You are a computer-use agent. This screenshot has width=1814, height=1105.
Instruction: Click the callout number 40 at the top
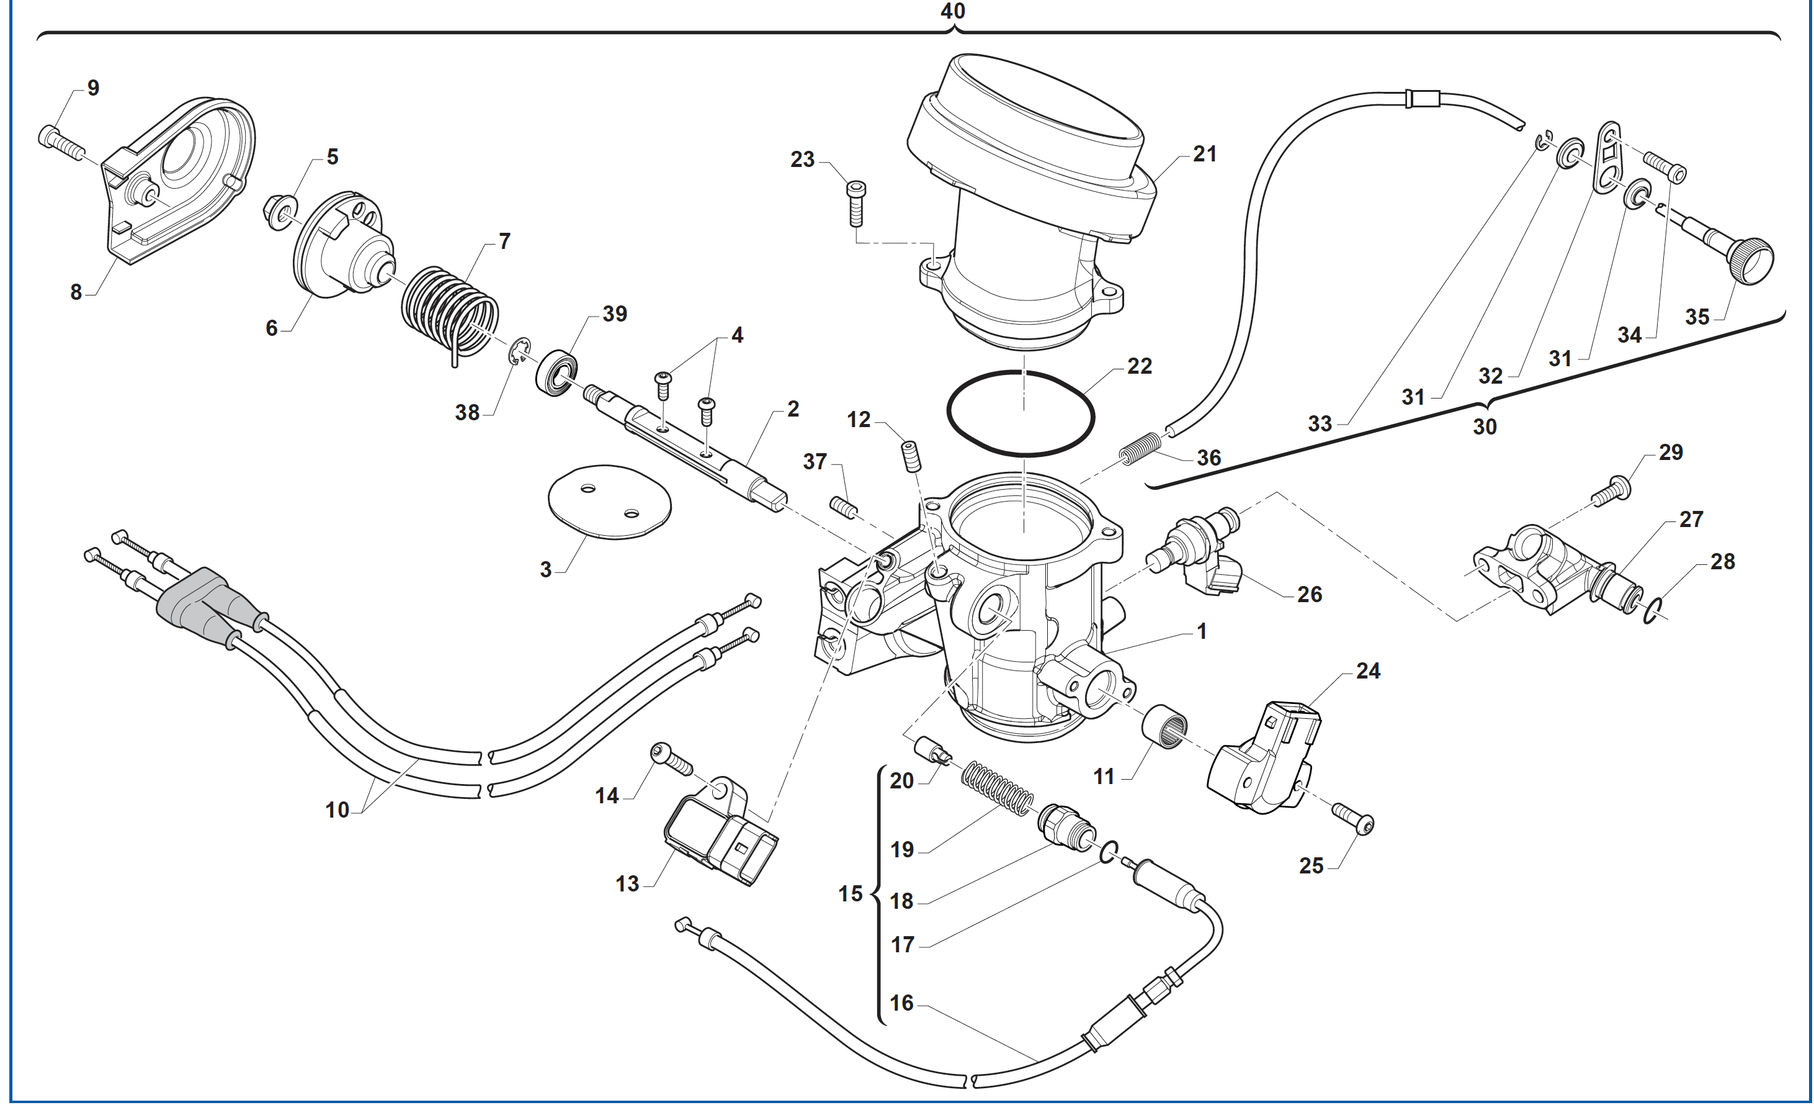click(953, 11)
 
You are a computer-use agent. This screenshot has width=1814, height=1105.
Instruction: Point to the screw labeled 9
click(61, 143)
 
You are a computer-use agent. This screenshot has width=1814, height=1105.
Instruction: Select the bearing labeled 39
click(556, 374)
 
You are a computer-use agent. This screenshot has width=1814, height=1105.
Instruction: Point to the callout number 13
click(627, 883)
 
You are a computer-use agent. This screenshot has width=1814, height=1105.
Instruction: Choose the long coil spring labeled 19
click(998, 790)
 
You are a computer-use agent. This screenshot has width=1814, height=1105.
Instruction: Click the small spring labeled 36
click(1140, 448)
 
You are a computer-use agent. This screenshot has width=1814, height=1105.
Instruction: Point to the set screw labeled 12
click(911, 456)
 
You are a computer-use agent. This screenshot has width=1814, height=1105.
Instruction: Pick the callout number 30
click(1484, 426)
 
